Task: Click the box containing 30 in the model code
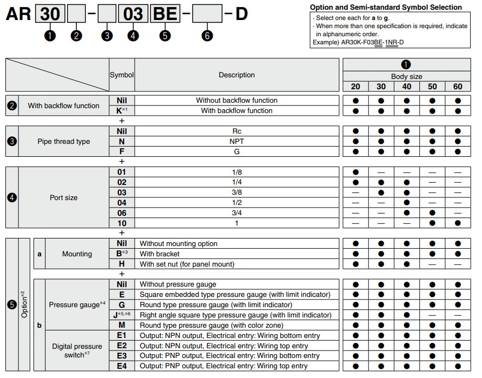click(50, 14)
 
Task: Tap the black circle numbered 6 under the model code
click(207, 36)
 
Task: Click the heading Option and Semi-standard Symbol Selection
click(386, 8)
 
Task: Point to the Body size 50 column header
click(432, 87)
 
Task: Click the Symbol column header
click(122, 75)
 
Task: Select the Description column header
click(236, 75)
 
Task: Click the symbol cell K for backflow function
click(122, 111)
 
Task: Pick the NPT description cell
click(236, 141)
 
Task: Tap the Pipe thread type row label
click(64, 141)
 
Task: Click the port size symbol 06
click(122, 213)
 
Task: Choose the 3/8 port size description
click(236, 193)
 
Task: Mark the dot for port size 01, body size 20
click(355, 172)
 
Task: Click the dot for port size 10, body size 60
click(458, 223)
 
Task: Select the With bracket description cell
click(236, 254)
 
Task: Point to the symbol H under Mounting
click(122, 264)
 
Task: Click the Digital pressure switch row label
click(77, 350)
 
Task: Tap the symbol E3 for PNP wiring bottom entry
click(122, 356)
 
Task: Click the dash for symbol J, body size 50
click(432, 315)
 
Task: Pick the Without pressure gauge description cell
click(236, 284)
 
